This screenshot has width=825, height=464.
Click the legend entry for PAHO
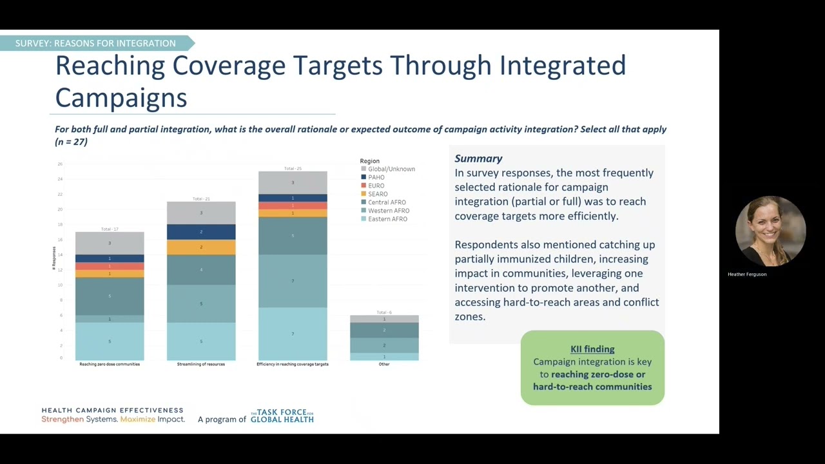[x=376, y=177]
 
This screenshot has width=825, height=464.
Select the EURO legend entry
[x=376, y=186]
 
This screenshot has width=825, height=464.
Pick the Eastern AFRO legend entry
[x=387, y=219]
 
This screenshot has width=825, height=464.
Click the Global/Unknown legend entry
[x=391, y=169]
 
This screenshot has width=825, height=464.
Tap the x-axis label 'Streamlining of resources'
[x=201, y=364]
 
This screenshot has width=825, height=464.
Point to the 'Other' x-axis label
[x=384, y=364]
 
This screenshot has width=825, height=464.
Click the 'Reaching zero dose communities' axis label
[x=110, y=364]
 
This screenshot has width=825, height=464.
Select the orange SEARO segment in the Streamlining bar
[x=201, y=247]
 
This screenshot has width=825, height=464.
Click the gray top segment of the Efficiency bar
[x=293, y=182]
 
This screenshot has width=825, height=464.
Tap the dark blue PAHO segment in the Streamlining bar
[x=201, y=232]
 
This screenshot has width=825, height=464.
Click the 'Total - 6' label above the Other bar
[x=384, y=313]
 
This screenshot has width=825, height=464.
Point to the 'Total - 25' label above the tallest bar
[x=293, y=169]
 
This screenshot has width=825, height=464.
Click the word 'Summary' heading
[x=478, y=159]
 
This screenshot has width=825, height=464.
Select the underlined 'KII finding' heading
[x=592, y=349]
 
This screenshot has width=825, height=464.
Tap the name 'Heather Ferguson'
[x=747, y=275]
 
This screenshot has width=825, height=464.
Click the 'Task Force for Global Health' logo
[x=282, y=416]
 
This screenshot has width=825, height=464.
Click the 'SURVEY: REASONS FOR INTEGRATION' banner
[x=95, y=43]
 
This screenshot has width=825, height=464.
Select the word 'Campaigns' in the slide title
[x=121, y=98]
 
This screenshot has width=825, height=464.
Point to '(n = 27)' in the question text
[x=71, y=142]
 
